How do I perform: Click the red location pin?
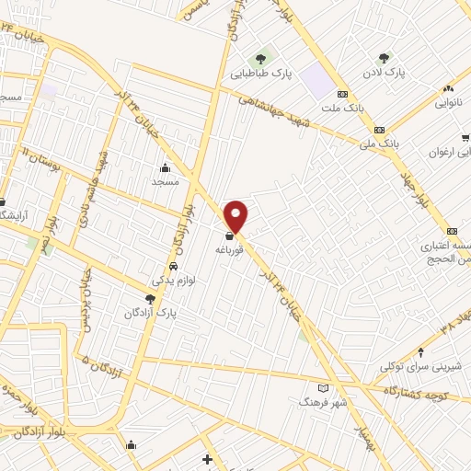[237, 215]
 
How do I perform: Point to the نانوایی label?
[452, 102]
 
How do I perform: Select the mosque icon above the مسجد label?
[164, 167]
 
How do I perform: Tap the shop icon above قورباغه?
[228, 235]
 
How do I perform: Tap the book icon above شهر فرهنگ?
[321, 387]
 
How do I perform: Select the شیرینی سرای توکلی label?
[420, 365]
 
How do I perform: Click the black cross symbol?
[208, 459]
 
